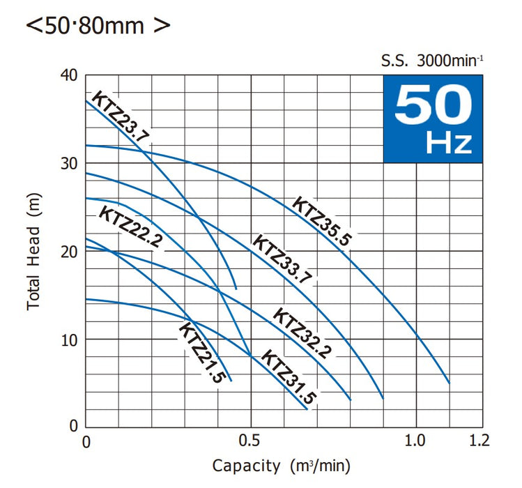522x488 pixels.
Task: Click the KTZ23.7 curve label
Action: (121, 118)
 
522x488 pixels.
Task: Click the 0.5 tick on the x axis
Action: (250, 442)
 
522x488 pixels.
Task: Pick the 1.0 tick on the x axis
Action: (416, 442)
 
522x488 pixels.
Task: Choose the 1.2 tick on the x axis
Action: (480, 442)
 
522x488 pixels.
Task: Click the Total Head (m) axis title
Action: (35, 251)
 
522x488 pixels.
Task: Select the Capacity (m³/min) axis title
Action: (281, 466)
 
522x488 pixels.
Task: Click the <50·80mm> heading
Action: (98, 26)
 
